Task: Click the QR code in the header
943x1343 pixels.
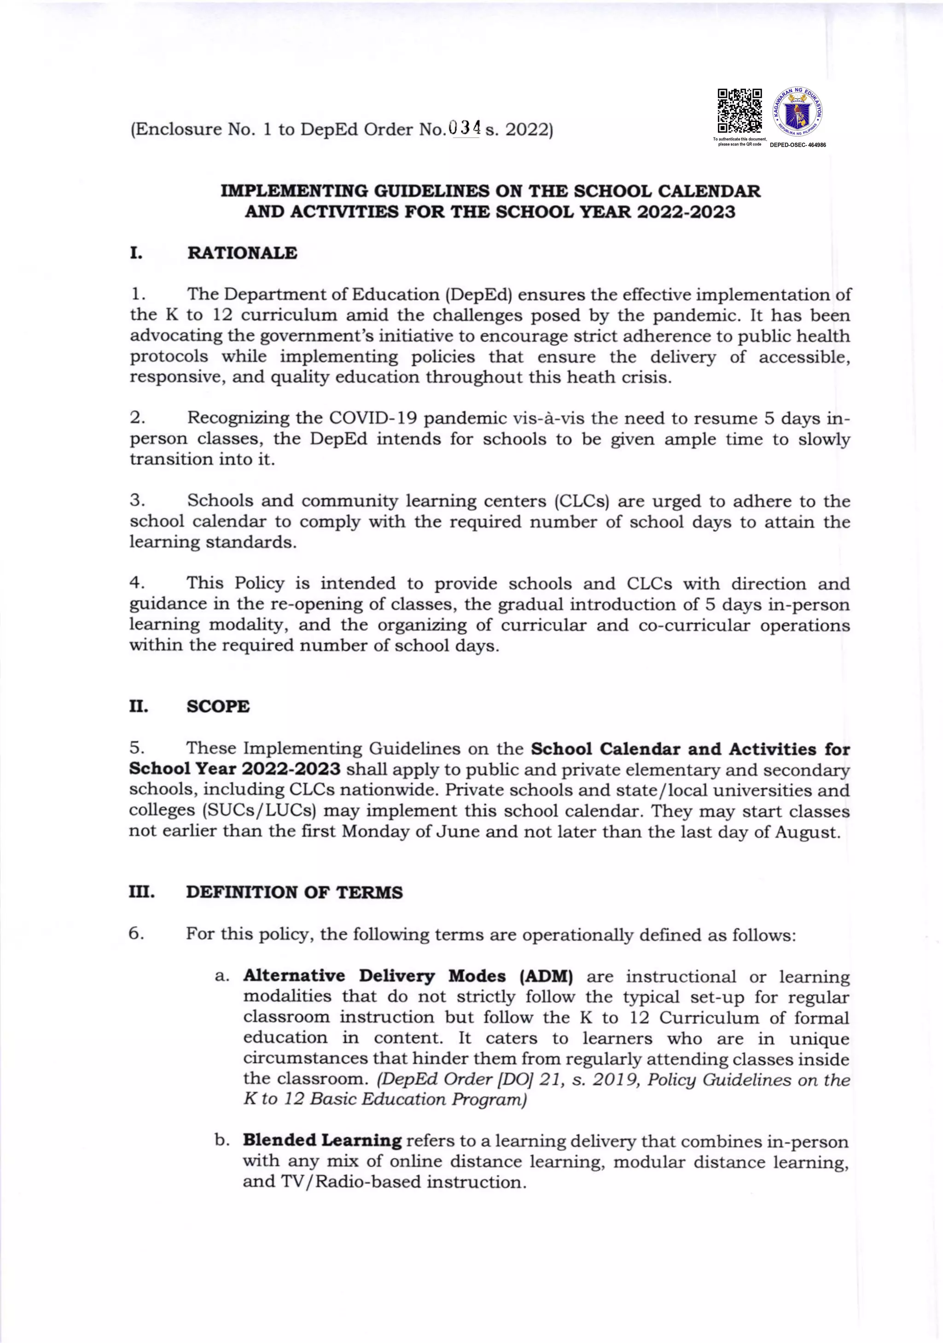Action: [x=739, y=110]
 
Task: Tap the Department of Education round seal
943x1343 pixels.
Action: [x=798, y=110]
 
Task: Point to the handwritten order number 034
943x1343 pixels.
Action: [x=465, y=127]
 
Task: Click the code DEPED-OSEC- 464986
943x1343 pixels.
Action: [x=797, y=145]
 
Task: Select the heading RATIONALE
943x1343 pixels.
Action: [x=242, y=253]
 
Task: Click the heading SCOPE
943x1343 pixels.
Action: [x=218, y=707]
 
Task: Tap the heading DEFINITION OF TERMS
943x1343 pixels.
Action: [x=294, y=893]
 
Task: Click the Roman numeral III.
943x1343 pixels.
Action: [x=141, y=893]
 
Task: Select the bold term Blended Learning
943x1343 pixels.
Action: [x=322, y=1140]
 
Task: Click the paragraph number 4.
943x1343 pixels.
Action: [x=137, y=583]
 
